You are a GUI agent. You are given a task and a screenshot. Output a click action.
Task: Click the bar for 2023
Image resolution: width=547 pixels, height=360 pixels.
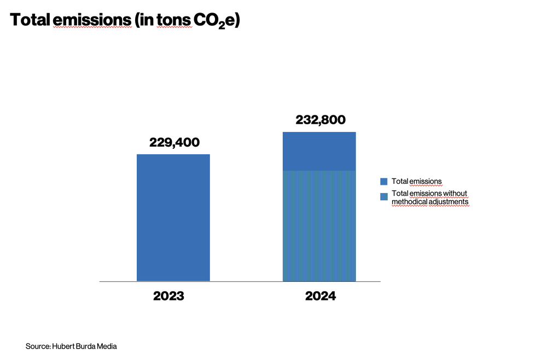pos(173,218)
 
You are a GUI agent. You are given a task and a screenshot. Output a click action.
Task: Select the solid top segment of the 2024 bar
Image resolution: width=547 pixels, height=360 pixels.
pos(319,152)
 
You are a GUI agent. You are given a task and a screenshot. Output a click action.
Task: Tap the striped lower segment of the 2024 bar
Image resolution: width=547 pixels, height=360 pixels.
pos(319,226)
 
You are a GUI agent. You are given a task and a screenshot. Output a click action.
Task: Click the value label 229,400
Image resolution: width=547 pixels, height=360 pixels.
pos(174,143)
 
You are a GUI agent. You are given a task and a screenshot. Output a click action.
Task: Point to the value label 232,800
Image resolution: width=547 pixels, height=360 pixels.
pos(321,120)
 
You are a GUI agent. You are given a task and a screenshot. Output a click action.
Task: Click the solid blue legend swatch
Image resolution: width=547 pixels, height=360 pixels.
pos(384,181)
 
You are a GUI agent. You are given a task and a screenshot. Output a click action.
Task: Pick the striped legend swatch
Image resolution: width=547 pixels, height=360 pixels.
pos(384,195)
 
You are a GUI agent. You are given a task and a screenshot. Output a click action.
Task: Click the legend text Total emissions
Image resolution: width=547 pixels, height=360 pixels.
pos(416,181)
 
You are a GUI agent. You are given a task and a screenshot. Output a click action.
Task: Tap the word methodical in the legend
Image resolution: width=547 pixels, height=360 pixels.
pos(409,202)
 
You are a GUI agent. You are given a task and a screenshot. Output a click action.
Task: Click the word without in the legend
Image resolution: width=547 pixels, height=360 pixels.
pos(455,194)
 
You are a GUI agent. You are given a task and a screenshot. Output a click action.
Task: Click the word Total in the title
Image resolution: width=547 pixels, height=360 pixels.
pos(30,20)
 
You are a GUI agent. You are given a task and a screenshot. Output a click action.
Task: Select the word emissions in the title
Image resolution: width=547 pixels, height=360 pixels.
pos(93,20)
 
